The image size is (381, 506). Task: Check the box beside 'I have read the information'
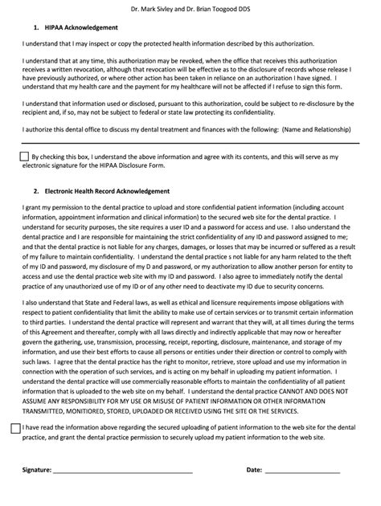(17, 429)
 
